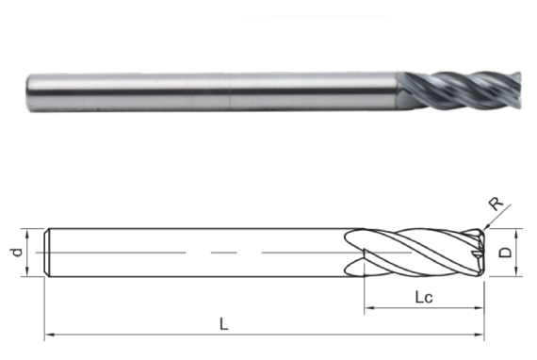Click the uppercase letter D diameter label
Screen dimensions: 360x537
pos(506,253)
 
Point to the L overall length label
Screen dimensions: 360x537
pos(223,323)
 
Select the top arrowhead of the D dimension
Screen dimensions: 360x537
pos(517,231)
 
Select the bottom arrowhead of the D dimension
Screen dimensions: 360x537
pos(517,273)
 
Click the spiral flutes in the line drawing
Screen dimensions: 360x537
pos(415,252)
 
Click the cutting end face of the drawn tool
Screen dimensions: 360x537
pos(481,252)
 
